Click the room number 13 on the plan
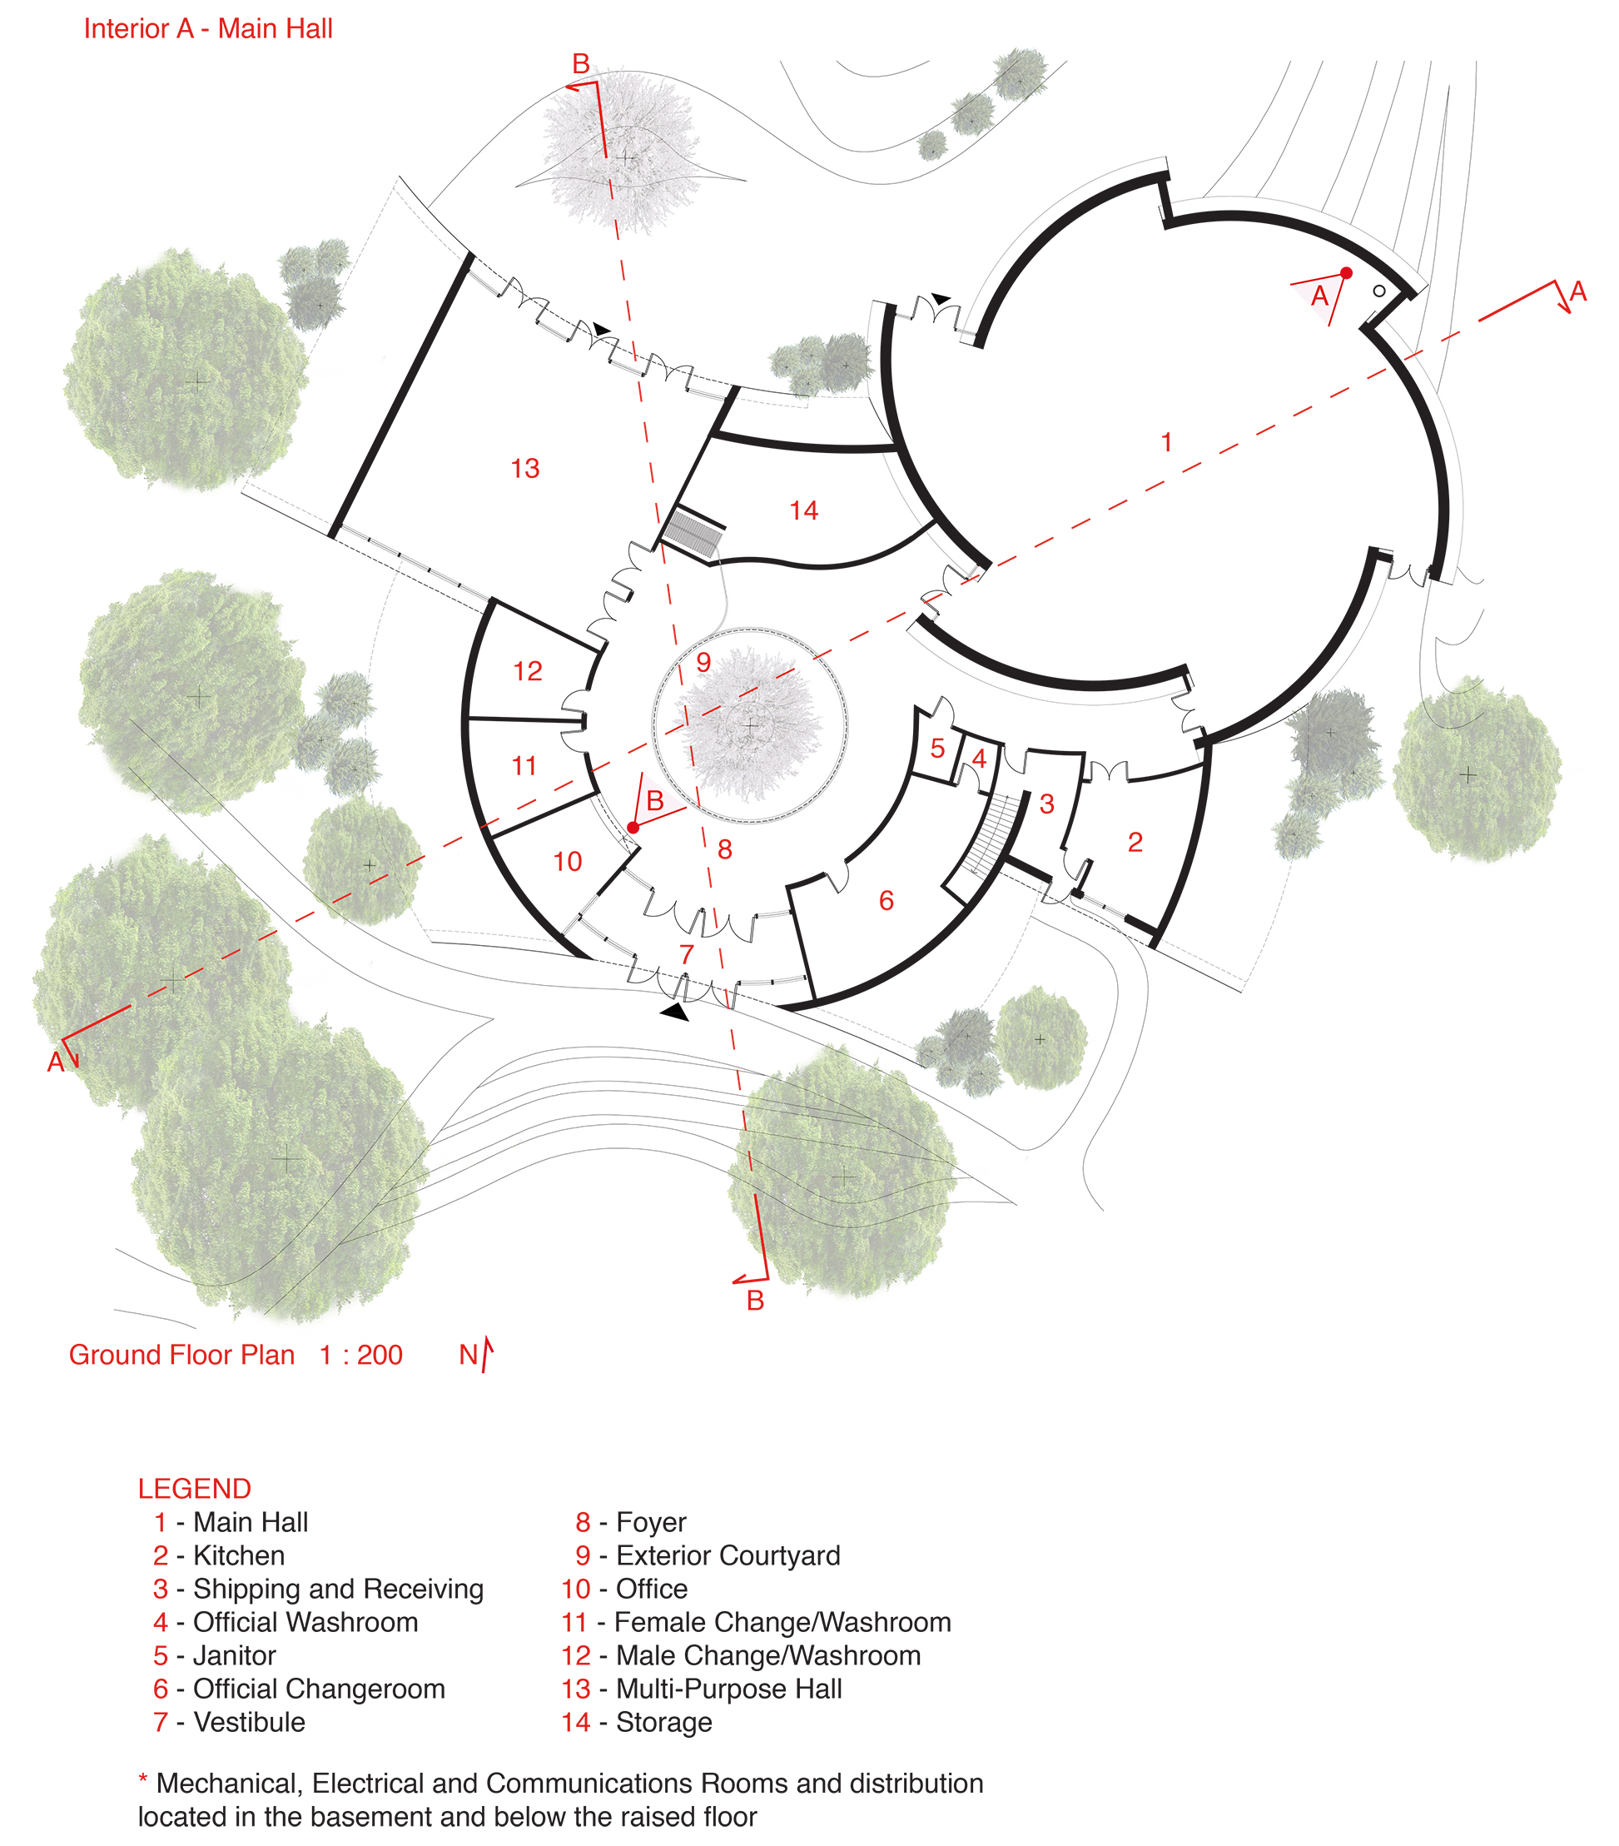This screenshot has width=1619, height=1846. (x=524, y=469)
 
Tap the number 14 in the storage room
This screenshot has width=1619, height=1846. (x=803, y=511)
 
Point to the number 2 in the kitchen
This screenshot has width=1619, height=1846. (x=1135, y=843)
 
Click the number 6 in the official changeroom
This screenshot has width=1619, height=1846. (x=886, y=900)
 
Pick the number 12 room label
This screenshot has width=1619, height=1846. (x=528, y=671)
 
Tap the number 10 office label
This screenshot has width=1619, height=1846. (x=567, y=862)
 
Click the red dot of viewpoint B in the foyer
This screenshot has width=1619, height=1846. (x=633, y=828)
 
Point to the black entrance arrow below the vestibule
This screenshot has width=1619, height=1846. (x=675, y=1013)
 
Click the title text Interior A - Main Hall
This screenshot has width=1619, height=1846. (x=207, y=29)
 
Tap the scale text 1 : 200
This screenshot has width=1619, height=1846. (x=360, y=1355)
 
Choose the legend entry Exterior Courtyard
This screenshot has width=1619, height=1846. (x=727, y=1555)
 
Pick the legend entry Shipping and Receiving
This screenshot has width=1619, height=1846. (x=338, y=1589)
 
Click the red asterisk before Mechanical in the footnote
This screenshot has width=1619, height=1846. (x=142, y=1780)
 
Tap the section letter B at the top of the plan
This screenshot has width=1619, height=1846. (x=581, y=64)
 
